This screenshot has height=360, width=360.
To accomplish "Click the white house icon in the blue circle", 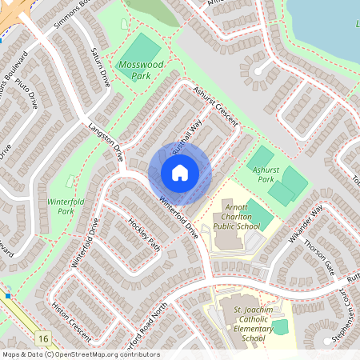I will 180,173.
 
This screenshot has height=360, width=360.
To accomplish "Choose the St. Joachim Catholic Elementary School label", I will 243,323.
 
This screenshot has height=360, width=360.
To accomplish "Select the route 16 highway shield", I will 42,339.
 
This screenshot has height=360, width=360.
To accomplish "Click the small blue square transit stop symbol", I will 8,296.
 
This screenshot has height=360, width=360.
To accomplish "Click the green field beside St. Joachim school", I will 280,326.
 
